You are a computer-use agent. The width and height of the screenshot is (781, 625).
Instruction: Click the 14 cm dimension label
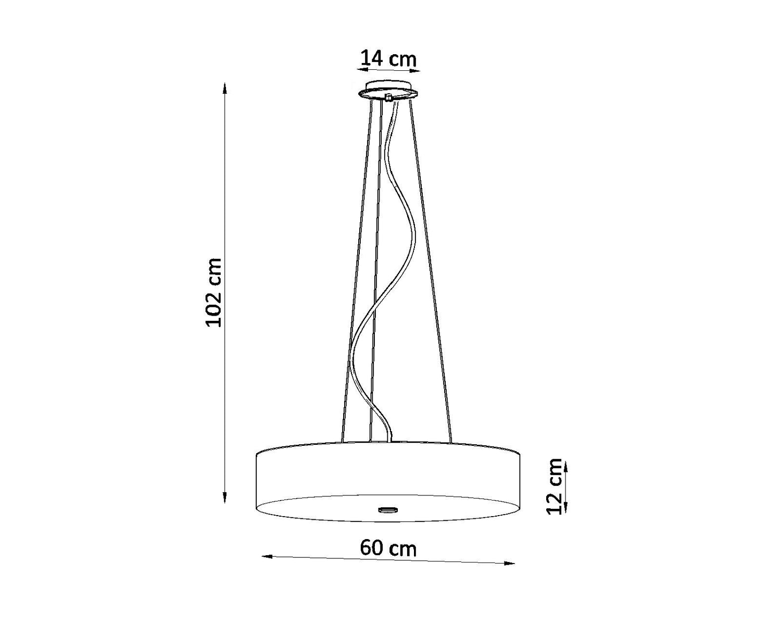pyautogui.click(x=388, y=59)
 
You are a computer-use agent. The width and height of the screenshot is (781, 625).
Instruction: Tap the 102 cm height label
pyautogui.click(x=213, y=292)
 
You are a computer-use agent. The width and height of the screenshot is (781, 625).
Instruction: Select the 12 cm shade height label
pyautogui.click(x=554, y=486)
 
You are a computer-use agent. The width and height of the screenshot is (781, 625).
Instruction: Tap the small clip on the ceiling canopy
pyautogui.click(x=388, y=97)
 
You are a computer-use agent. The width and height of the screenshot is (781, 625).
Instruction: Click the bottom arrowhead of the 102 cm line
pyautogui.click(x=225, y=497)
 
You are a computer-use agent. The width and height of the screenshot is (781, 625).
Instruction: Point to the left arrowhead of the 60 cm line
pyautogui.click(x=267, y=567)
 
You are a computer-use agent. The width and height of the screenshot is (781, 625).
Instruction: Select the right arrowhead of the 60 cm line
pyautogui.click(x=509, y=574)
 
